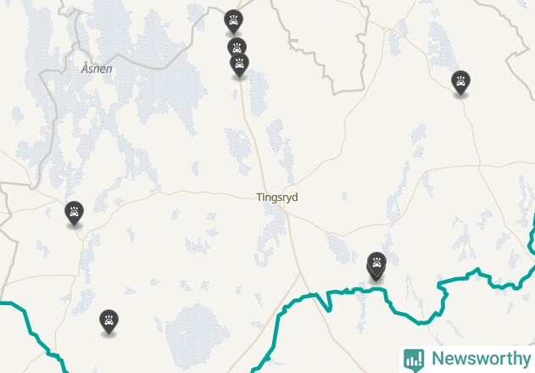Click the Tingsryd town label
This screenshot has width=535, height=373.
pyautogui.click(x=277, y=198)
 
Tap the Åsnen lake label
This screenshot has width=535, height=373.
pyautogui.click(x=97, y=69)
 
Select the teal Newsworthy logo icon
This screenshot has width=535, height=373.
pyautogui.click(x=414, y=359)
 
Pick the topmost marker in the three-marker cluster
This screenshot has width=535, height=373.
pyautogui.click(x=233, y=20)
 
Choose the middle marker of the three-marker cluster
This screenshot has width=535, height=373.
pyautogui.click(x=237, y=47)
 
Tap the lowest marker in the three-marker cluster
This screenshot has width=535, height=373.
pyautogui.click(x=240, y=64)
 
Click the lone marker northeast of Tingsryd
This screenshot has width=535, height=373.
pyautogui.click(x=460, y=82)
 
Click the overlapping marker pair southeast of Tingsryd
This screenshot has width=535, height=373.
pyautogui.click(x=376, y=264)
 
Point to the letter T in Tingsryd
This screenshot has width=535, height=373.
pyautogui.click(x=259, y=198)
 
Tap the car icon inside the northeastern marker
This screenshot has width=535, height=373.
pyautogui.click(x=460, y=81)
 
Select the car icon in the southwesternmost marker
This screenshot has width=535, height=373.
pyautogui.click(x=109, y=320)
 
